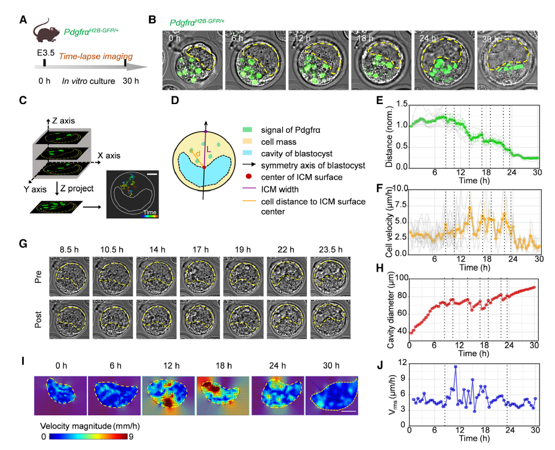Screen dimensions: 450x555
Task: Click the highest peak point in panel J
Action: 456,366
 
